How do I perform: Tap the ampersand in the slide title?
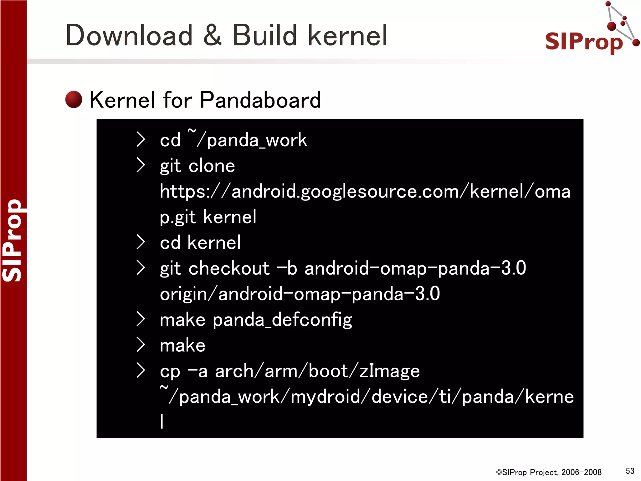pos(212,36)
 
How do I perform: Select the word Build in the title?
pos(264,36)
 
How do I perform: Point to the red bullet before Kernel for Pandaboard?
pos(74,100)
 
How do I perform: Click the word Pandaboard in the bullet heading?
pos(260,100)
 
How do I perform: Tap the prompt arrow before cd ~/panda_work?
pos(141,139)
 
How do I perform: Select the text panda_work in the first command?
pos(257,140)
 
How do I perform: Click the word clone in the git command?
pos(212,166)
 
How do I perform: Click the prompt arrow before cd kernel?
pos(141,242)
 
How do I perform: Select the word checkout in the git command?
pos(229,268)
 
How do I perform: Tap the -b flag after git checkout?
pos(287,268)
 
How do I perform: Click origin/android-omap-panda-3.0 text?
pos(300,294)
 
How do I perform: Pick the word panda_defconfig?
pos(282,320)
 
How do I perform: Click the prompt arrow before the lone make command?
pos(141,345)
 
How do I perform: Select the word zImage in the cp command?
pos(389,371)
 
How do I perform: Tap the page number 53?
pos(630,471)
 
